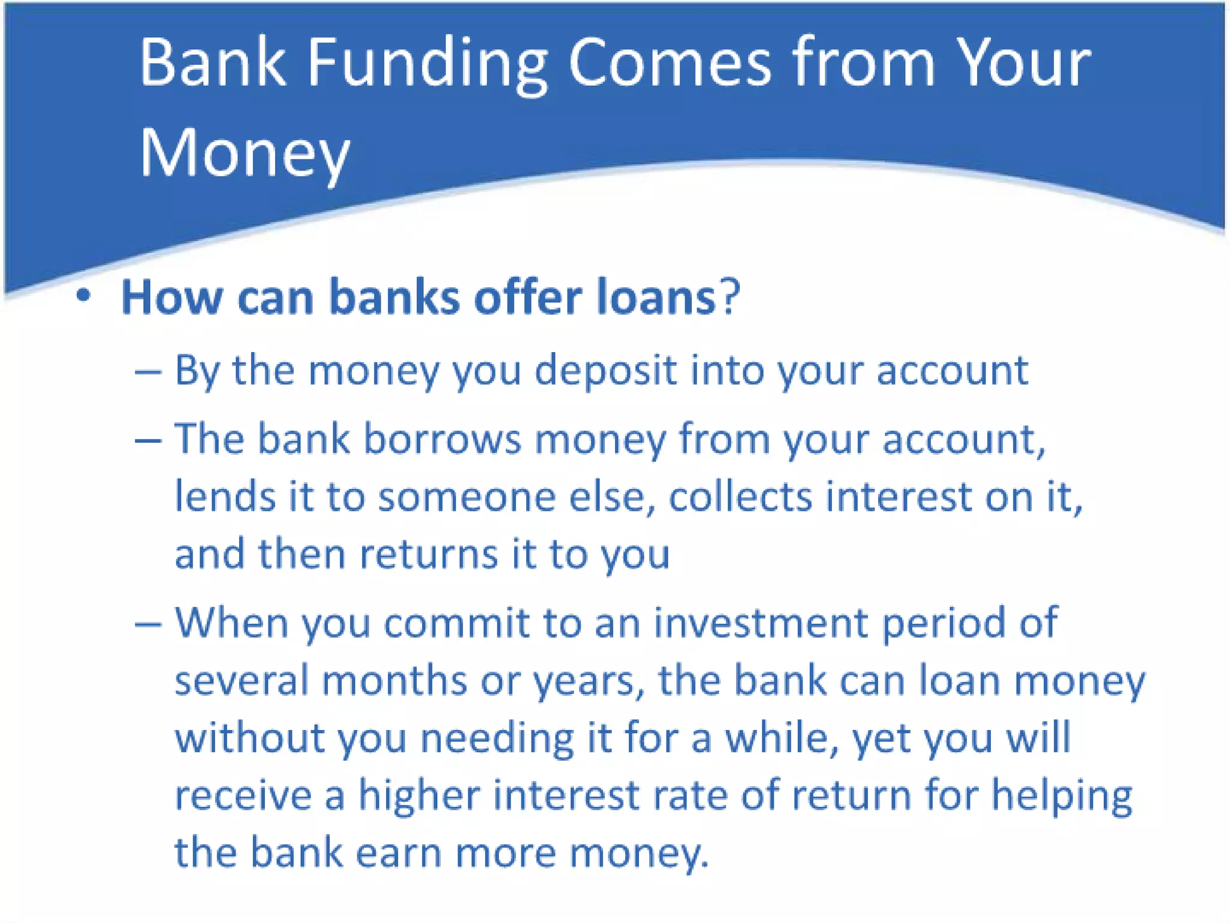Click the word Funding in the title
pyautogui.click(x=427, y=64)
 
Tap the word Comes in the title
pyautogui.click(x=670, y=64)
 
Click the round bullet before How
pyautogui.click(x=83, y=296)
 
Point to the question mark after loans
pyautogui.click(x=730, y=297)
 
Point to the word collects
pyautogui.click(x=740, y=498)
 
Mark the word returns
pyautogui.click(x=428, y=554)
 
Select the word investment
pyautogui.click(x=760, y=623)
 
